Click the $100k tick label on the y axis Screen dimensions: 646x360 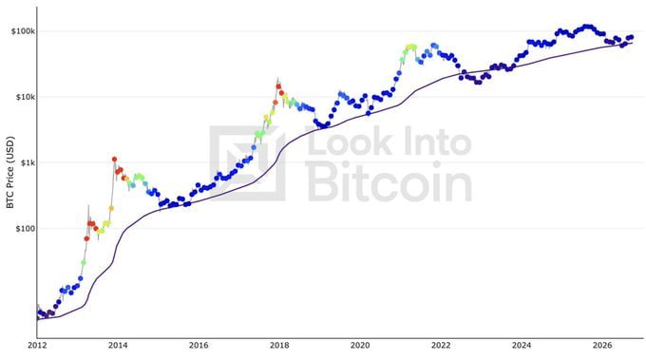(x=23, y=31)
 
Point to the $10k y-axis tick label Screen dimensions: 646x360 (x=25, y=97)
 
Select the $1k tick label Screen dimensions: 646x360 (x=26, y=162)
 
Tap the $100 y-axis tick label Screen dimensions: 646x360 (x=25, y=229)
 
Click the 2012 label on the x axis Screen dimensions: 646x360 (x=37, y=345)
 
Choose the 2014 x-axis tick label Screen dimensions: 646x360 (x=118, y=345)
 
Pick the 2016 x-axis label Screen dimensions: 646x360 (x=199, y=345)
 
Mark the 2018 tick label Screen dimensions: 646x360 (x=279, y=345)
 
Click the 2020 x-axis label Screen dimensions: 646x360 (x=360, y=345)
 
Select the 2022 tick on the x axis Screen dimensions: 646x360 (x=441, y=345)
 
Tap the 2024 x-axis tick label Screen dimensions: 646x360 (x=522, y=345)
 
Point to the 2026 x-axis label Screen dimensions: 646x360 (x=602, y=345)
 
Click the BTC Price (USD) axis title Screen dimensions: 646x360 (x=9, y=173)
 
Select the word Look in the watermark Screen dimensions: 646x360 (x=350, y=142)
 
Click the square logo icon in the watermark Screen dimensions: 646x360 (x=247, y=163)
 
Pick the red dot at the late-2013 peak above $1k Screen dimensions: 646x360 (x=115, y=159)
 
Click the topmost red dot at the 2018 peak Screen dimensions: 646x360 (x=278, y=86)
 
